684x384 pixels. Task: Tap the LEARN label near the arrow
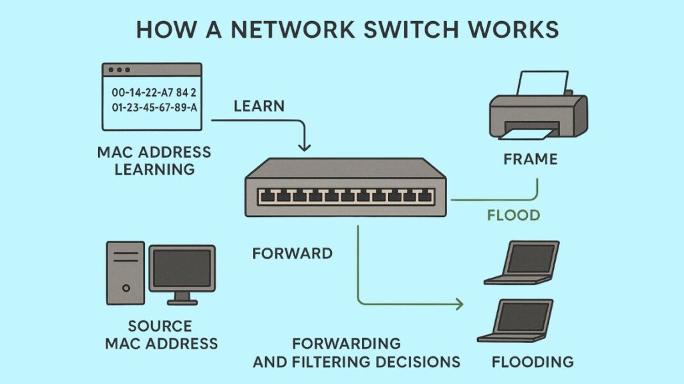(x=259, y=106)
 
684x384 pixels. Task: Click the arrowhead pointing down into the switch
(x=304, y=147)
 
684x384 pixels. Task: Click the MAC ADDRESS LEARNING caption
(x=154, y=161)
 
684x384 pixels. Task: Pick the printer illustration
(x=538, y=109)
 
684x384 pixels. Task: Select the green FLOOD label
(x=514, y=215)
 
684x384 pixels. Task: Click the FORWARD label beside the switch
(x=292, y=253)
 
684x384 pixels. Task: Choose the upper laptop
(x=522, y=262)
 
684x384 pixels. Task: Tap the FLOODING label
(x=532, y=362)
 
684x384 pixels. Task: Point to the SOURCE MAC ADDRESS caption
(x=161, y=335)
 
